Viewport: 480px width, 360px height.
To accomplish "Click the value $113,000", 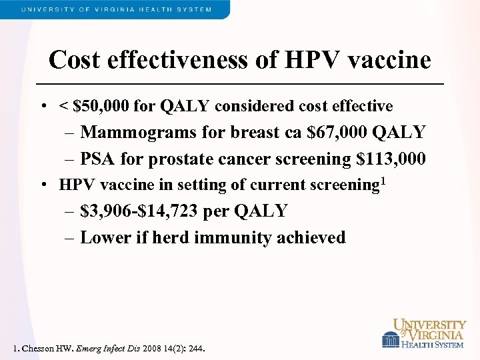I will click(x=391, y=159).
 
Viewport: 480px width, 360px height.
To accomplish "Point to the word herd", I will click(x=171, y=237).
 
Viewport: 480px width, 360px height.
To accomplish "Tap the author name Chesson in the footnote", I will click(x=38, y=349).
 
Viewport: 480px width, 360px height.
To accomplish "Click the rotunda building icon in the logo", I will click(x=390, y=340).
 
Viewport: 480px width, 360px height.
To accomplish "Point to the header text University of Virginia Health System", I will click(x=117, y=9).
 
